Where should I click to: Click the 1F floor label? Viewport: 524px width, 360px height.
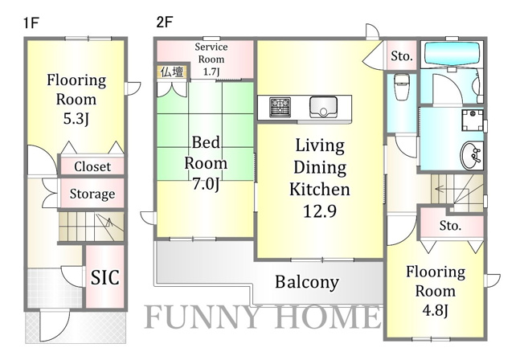point(32,23)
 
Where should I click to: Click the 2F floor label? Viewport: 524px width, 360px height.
point(165,22)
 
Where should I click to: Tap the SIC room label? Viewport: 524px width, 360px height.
point(105,277)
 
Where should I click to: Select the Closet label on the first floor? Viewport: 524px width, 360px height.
point(92,166)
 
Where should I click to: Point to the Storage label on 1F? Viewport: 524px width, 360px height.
point(92,194)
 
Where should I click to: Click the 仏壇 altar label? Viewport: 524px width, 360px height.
point(172,72)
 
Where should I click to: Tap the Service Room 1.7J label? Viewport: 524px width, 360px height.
point(211,59)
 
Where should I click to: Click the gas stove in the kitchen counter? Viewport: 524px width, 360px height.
point(280,107)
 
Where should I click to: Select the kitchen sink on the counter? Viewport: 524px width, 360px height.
point(323,107)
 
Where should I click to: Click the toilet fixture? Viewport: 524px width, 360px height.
point(400,86)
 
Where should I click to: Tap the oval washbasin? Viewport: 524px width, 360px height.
point(472,156)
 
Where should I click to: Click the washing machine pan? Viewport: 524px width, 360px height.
point(473,120)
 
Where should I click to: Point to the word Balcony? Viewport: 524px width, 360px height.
point(307,282)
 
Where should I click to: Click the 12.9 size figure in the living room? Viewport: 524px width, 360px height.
point(320,211)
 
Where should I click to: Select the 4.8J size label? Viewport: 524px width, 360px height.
point(435,310)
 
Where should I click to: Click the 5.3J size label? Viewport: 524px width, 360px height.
point(76,118)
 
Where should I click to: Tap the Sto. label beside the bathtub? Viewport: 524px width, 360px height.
point(402,55)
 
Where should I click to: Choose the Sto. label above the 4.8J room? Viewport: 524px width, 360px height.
point(451,226)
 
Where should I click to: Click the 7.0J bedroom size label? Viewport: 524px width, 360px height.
point(206,183)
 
